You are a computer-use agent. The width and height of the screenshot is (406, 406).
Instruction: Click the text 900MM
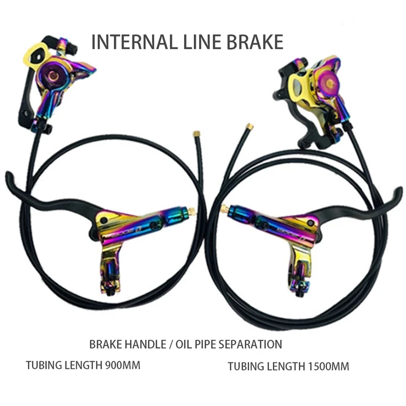click(x=122, y=364)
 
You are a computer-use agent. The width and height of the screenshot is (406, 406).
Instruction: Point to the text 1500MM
click(x=328, y=366)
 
